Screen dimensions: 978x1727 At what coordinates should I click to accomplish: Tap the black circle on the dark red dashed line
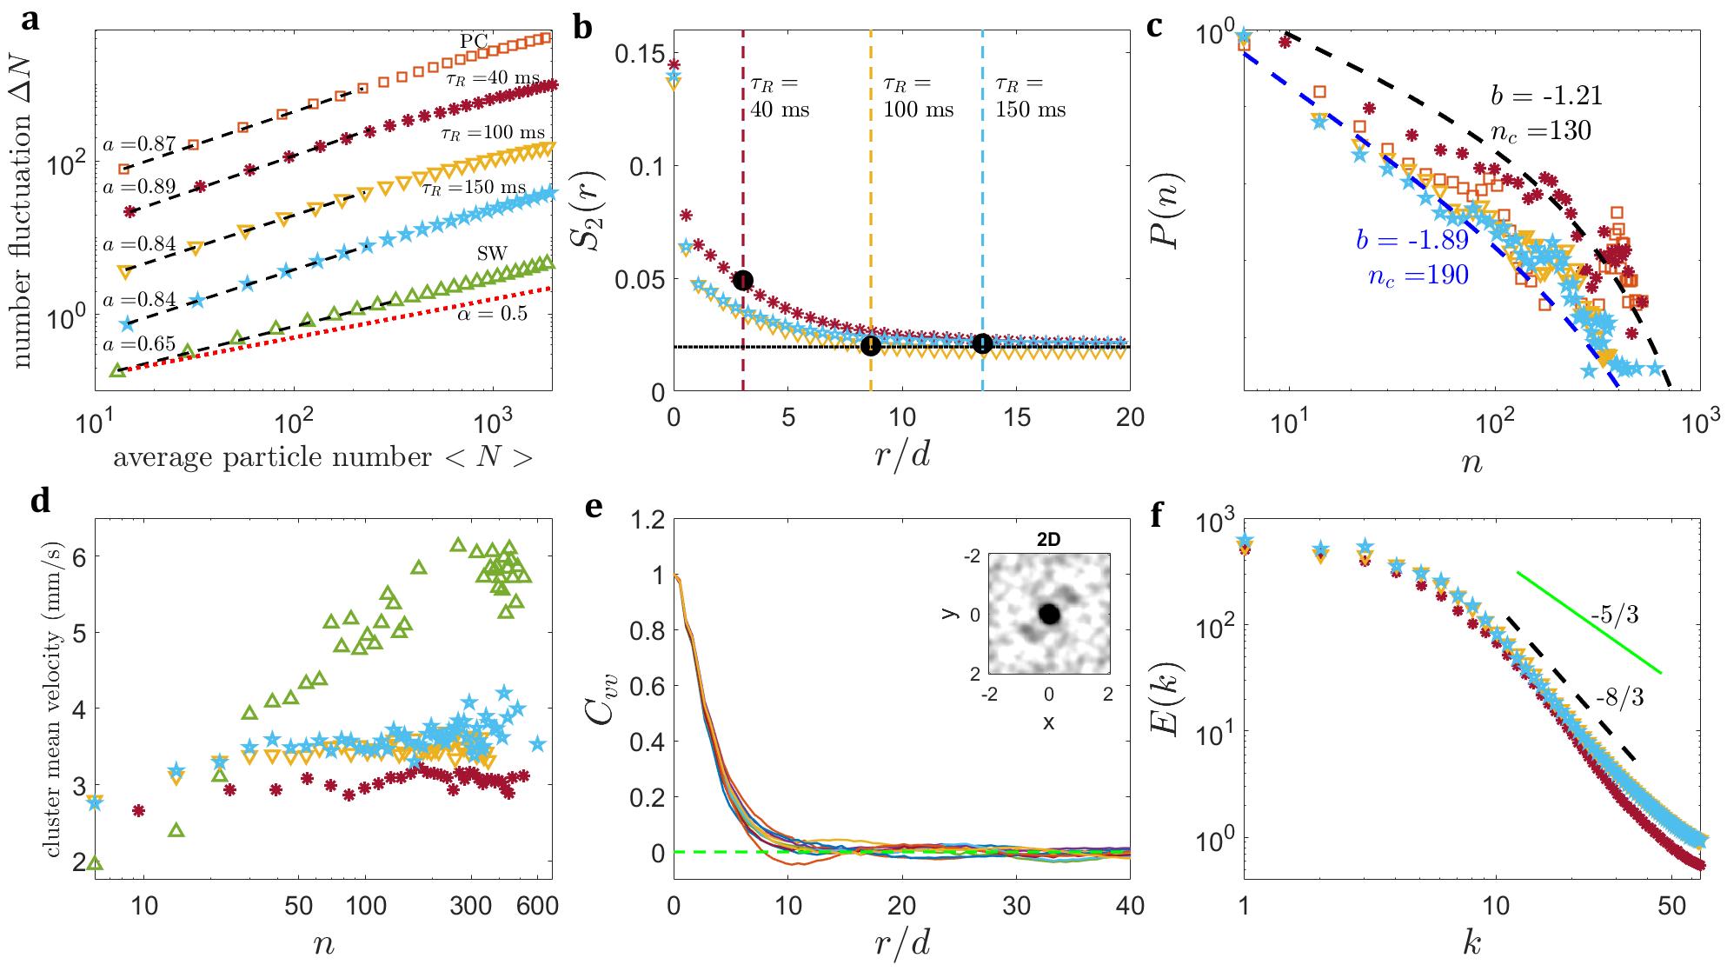743,280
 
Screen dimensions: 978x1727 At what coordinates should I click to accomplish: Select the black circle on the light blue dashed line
982,344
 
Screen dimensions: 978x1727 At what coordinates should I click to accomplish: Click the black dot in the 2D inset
1049,614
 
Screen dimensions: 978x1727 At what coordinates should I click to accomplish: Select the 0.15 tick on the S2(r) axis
641,54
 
